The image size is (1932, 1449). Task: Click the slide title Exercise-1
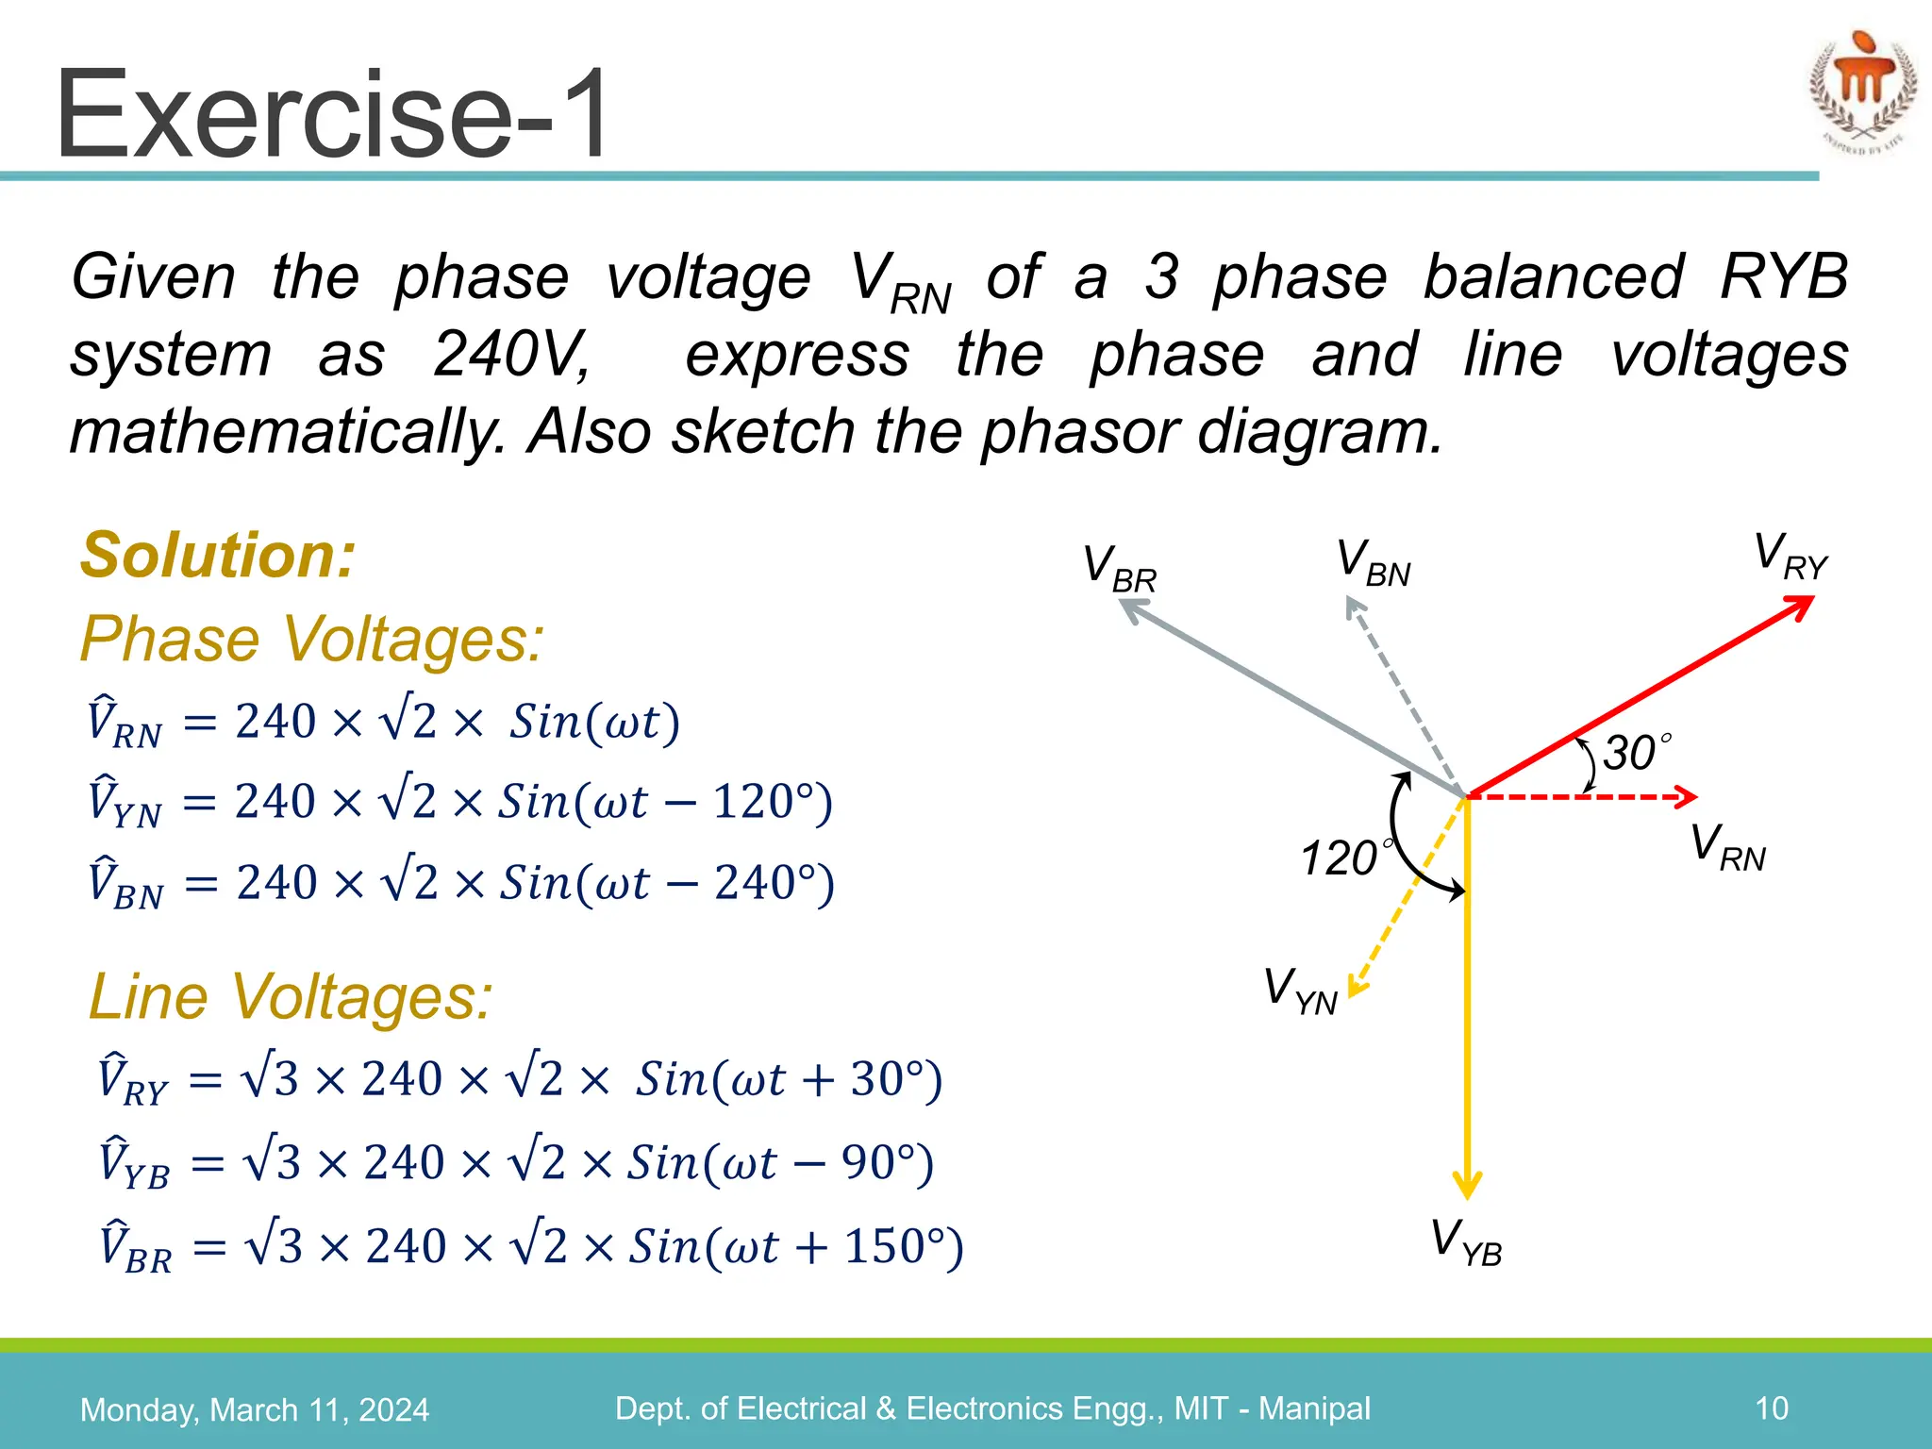pos(332,115)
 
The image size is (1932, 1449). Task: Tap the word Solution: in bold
pos(218,555)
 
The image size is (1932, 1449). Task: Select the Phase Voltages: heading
pos(312,640)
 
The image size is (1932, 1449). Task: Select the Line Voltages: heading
pos(291,997)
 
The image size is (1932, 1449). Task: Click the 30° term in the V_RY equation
pos(887,1079)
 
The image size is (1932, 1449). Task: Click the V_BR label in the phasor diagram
pos(1119,569)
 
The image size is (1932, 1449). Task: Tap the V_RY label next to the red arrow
pos(1790,557)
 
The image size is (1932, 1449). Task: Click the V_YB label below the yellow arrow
pos(1466,1242)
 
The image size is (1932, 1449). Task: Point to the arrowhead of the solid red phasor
pos(1801,606)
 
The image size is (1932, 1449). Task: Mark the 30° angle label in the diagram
pos(1636,753)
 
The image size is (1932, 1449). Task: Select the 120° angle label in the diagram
pos(1343,858)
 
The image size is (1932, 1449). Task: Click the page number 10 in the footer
pos(1771,1408)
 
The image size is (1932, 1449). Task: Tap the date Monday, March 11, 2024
pos(255,1410)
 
